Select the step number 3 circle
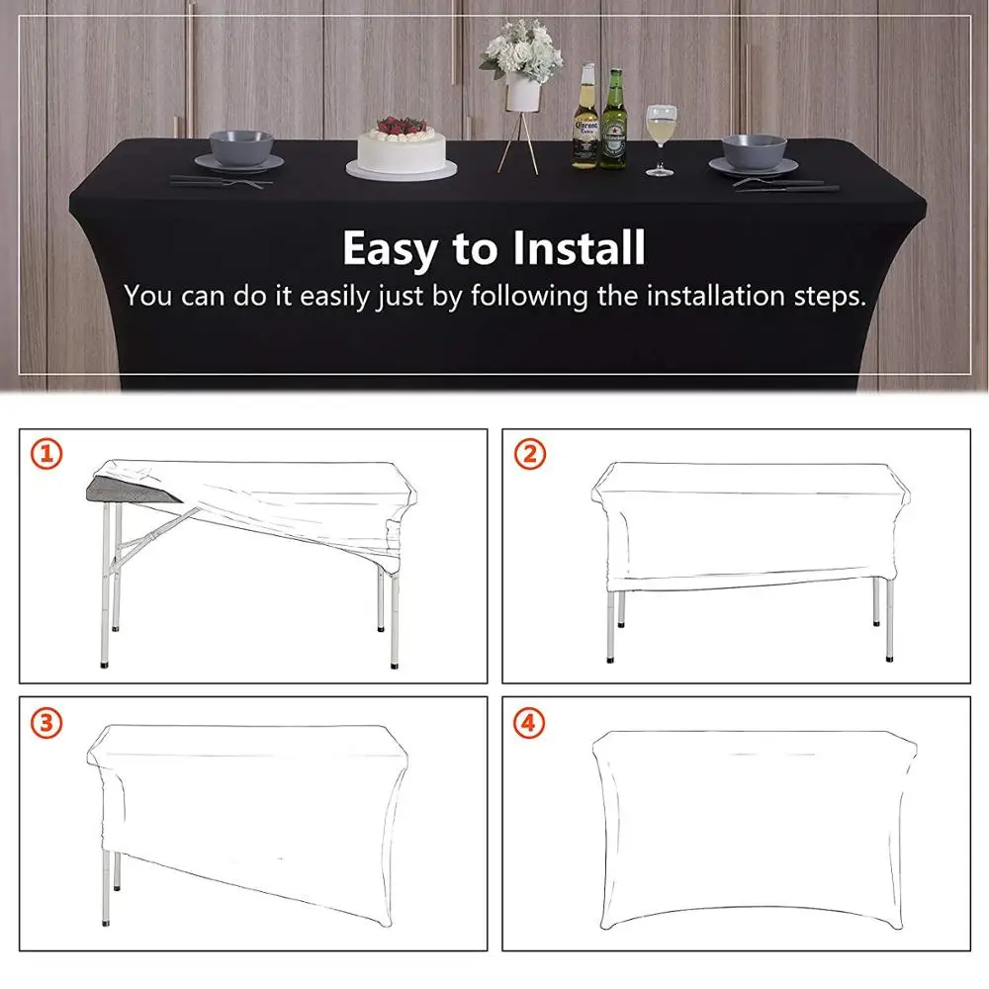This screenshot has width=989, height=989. [x=46, y=723]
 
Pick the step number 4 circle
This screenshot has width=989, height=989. [x=530, y=723]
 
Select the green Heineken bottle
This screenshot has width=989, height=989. [x=614, y=121]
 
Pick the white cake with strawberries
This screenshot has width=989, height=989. [x=402, y=150]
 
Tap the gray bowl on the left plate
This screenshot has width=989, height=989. [x=239, y=146]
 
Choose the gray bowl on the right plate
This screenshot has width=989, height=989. [x=754, y=150]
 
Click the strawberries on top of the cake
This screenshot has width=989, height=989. [x=401, y=127]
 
